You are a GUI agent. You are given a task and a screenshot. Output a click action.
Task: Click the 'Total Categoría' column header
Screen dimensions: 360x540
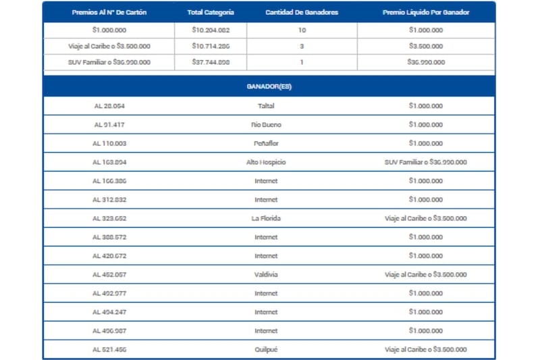[x=210, y=13]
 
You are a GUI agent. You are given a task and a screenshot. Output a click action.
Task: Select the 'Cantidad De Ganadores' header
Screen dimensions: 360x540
[x=302, y=13]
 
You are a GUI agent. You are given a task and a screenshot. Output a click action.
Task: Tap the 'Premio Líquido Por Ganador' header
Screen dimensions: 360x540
[x=426, y=13]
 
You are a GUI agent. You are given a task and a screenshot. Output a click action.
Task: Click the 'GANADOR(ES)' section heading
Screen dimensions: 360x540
[x=269, y=86]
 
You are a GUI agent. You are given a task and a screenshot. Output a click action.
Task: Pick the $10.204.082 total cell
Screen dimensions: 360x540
[x=210, y=30]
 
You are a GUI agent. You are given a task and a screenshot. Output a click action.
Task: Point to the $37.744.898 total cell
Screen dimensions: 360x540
[x=210, y=62]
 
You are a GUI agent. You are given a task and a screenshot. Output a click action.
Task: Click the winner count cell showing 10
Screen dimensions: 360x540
[x=302, y=30]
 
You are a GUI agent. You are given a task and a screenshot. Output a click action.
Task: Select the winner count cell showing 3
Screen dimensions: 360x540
[x=302, y=46]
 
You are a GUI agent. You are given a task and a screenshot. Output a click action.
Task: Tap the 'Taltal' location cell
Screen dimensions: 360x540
[x=266, y=106]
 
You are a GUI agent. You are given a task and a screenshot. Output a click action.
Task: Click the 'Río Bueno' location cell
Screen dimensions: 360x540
[x=266, y=125]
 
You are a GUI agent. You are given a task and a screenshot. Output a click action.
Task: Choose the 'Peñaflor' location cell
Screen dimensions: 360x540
[x=266, y=143]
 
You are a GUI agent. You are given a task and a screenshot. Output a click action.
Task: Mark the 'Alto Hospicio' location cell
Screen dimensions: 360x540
[x=266, y=162]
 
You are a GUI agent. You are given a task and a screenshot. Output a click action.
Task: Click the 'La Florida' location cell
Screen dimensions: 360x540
[x=266, y=218]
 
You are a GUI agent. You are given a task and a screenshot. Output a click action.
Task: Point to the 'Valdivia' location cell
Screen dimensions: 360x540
[x=266, y=274]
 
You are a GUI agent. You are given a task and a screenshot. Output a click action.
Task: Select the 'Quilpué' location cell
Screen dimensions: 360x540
[x=266, y=349]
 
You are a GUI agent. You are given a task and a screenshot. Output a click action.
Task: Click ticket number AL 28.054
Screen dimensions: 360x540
[x=109, y=106]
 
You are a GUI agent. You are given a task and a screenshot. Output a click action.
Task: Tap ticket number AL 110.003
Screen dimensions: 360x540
[x=109, y=143]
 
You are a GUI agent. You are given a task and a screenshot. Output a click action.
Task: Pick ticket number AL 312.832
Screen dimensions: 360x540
[x=109, y=199]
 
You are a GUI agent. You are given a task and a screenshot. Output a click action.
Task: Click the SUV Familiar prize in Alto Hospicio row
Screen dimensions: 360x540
[x=425, y=162]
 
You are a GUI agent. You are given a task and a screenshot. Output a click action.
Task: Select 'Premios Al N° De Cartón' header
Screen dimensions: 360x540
[x=108, y=13]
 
